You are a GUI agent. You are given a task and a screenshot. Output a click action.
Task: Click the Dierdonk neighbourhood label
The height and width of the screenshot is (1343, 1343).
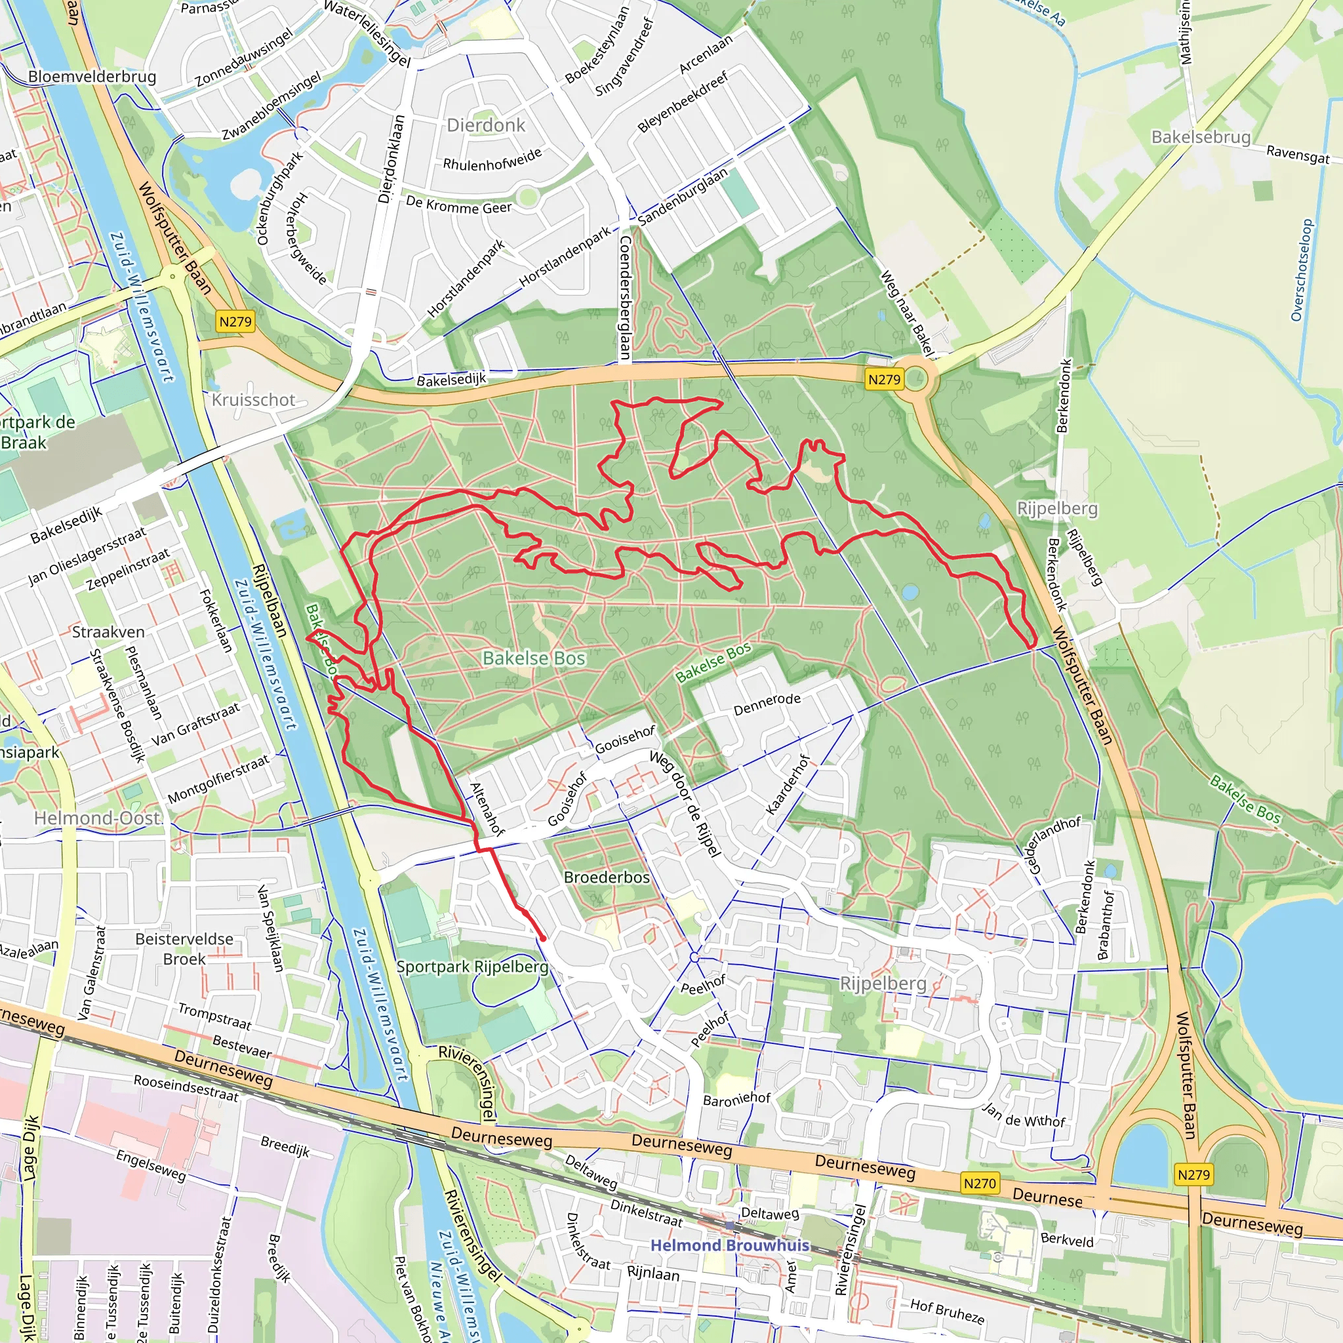tap(486, 125)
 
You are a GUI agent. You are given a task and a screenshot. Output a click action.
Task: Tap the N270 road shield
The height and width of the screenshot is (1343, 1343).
tap(980, 1183)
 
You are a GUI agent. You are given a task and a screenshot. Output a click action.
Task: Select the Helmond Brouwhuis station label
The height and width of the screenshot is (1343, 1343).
tap(730, 1245)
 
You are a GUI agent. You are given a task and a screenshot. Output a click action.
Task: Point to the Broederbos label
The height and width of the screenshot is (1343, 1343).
tap(607, 877)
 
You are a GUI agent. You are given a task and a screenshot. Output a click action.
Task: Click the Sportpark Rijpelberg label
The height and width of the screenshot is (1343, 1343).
tap(472, 967)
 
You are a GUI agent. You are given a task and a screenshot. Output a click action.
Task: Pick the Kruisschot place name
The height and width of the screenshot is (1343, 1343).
tap(254, 400)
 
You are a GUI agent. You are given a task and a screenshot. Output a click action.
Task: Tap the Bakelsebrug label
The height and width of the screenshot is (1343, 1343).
tap(1201, 137)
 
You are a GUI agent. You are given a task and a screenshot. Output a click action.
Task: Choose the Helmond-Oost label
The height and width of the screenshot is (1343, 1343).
tap(98, 818)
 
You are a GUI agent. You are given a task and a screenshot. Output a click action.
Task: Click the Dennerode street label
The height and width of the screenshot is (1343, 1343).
tap(767, 704)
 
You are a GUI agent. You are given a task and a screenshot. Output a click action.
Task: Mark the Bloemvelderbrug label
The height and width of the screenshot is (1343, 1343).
tap(92, 77)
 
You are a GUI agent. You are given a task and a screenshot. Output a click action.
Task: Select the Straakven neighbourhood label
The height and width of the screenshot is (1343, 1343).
tap(108, 632)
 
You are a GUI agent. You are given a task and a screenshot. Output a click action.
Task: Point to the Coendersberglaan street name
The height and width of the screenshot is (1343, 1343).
tap(624, 298)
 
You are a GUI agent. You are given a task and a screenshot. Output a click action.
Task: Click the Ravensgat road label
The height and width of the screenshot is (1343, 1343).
tap(1298, 154)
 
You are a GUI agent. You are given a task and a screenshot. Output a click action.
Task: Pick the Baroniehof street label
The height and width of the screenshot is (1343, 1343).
tap(737, 1099)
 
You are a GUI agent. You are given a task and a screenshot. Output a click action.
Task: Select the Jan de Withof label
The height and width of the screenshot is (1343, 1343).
tap(1024, 1115)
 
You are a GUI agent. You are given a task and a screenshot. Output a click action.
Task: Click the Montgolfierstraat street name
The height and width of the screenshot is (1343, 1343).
tap(218, 780)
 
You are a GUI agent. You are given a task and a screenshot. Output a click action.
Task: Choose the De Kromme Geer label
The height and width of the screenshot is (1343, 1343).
tap(459, 206)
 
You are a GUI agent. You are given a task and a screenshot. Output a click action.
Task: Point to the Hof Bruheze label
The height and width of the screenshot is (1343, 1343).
tap(948, 1311)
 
